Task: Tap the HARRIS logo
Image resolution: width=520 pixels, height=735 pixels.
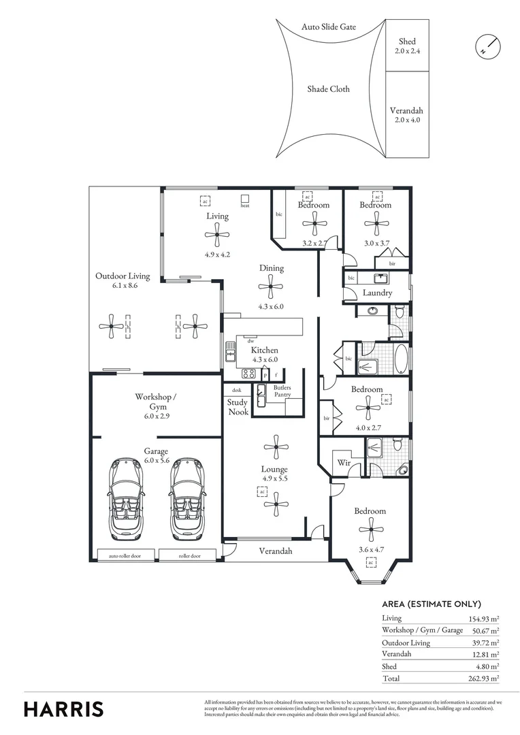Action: pyautogui.click(x=64, y=708)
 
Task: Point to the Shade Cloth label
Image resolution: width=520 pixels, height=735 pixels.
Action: pyautogui.click(x=328, y=89)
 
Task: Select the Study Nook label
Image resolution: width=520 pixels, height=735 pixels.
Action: pyautogui.click(x=237, y=407)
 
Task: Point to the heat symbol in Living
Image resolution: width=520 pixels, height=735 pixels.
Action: pyautogui.click(x=244, y=201)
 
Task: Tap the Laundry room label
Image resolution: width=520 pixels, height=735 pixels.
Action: pyautogui.click(x=376, y=293)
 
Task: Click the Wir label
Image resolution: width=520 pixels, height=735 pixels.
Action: pyautogui.click(x=344, y=463)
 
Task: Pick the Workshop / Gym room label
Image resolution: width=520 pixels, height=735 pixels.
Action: pyautogui.click(x=155, y=401)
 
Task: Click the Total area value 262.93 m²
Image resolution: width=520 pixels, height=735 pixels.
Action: pyautogui.click(x=484, y=679)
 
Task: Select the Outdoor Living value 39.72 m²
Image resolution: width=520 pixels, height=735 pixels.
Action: pyautogui.click(x=485, y=642)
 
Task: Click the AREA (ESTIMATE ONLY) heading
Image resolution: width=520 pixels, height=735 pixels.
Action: pyautogui.click(x=432, y=604)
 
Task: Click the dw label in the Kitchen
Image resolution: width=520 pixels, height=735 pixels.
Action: pyautogui.click(x=251, y=340)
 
